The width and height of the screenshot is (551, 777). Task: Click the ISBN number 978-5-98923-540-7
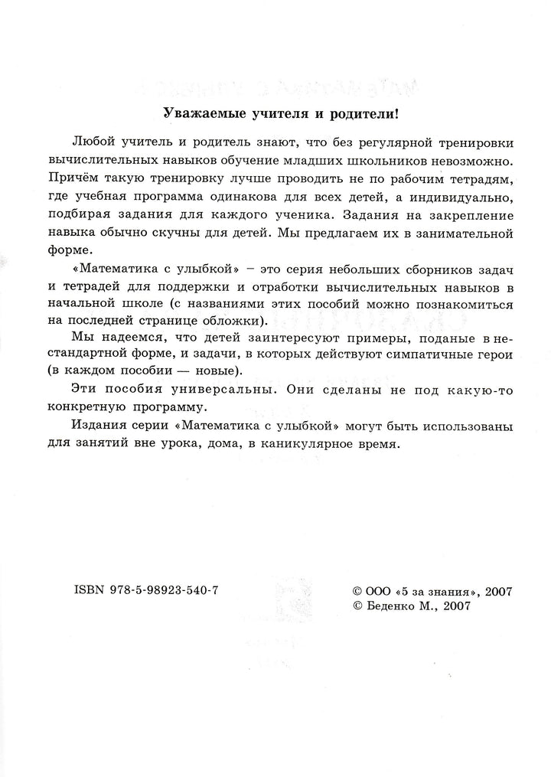pyautogui.click(x=169, y=590)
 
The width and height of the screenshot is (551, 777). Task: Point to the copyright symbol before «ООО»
pyautogui.click(x=354, y=591)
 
